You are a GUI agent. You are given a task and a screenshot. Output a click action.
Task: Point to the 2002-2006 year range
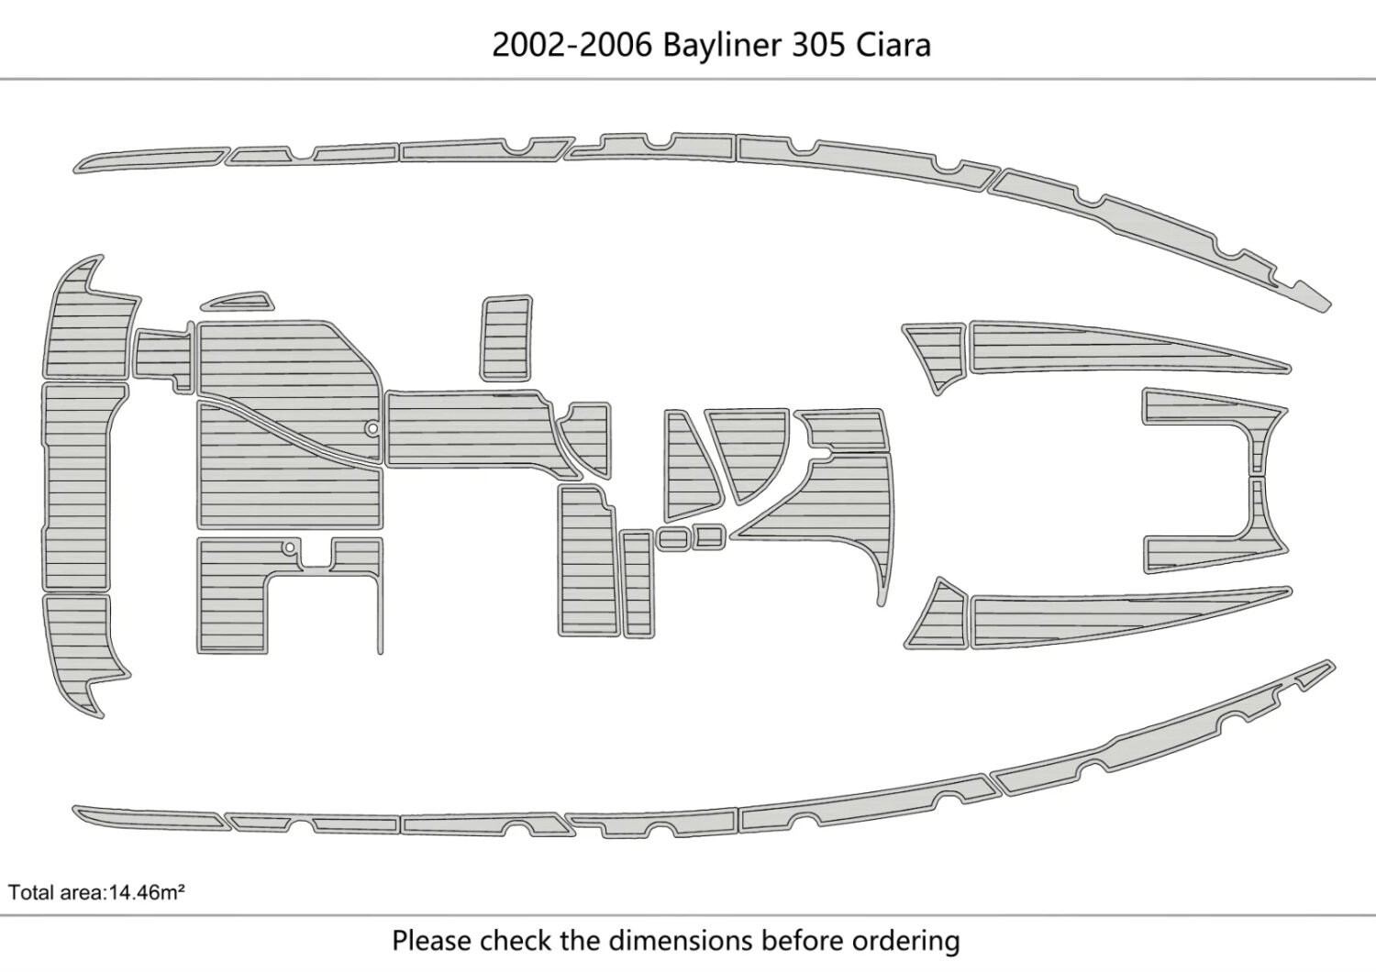point(573,45)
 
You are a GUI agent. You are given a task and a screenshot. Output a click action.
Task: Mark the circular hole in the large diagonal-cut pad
point(372,427)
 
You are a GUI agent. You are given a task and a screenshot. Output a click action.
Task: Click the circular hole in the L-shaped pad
point(289,547)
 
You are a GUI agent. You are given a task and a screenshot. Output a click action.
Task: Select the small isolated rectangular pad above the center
point(506,337)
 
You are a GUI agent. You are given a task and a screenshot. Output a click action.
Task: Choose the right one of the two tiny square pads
point(708,536)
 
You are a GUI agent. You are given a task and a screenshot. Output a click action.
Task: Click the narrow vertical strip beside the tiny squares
point(636,583)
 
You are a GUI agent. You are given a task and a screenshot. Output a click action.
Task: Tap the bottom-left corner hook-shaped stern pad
point(83,651)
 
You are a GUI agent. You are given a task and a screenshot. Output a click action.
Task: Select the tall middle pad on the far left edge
point(78,486)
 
